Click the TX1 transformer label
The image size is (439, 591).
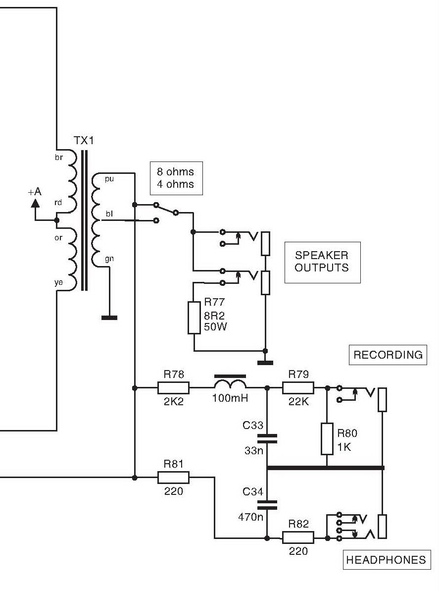coord(84,140)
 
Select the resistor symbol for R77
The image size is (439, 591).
coord(194,318)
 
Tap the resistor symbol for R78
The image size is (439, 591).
coord(173,388)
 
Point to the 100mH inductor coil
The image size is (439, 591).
coord(230,385)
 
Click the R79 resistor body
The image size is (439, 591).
coord(298,388)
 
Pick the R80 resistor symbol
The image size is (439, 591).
coord(327,439)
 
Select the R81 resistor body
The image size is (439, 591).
coord(173,478)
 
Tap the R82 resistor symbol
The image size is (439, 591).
coord(298,537)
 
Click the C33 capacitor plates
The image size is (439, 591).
coord(267,438)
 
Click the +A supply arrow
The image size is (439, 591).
coord(35,203)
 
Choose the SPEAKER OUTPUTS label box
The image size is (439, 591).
coord(322,262)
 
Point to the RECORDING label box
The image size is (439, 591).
coord(388,355)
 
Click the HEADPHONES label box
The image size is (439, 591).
coord(386,560)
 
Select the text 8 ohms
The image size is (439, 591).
coord(176,172)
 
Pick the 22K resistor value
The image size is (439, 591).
coord(298,402)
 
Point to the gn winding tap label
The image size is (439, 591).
coord(109,259)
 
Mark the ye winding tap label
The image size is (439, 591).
coord(59,282)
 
